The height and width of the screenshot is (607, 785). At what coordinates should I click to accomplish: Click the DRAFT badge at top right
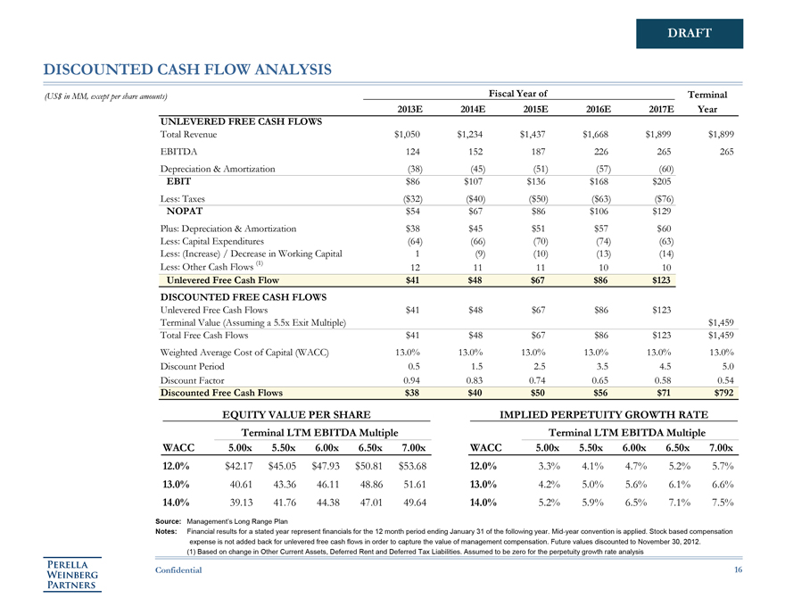click(690, 34)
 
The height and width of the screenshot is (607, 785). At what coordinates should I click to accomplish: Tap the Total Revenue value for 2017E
click(657, 134)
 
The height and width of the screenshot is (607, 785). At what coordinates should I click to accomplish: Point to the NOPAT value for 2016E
click(598, 212)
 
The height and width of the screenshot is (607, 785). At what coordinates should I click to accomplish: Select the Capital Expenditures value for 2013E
click(414, 241)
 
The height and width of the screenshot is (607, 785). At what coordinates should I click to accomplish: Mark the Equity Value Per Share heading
click(294, 414)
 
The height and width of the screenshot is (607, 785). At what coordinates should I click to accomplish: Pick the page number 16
click(737, 569)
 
